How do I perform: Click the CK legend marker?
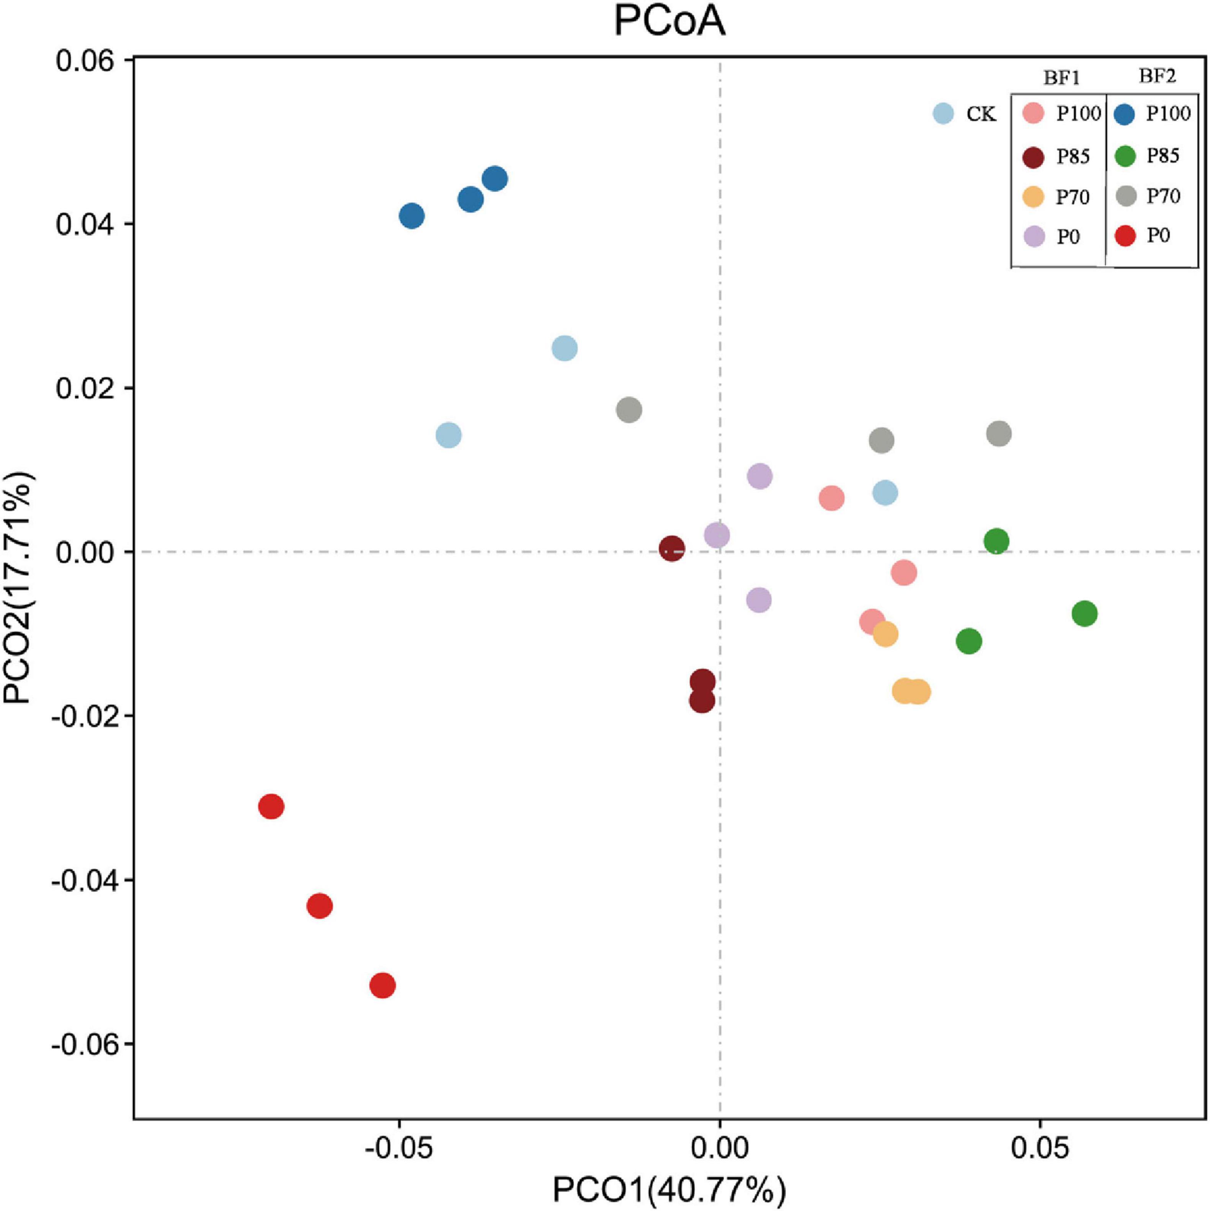pyautogui.click(x=943, y=113)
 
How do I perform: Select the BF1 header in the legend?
pyautogui.click(x=1061, y=78)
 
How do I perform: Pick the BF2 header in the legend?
pyautogui.click(x=1157, y=76)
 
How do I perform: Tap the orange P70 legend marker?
pyautogui.click(x=1033, y=197)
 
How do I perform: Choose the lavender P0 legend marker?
pyautogui.click(x=1033, y=237)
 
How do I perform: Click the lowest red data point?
pyautogui.click(x=382, y=985)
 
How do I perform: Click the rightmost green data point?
pyautogui.click(x=1084, y=614)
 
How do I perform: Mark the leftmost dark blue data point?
pyautogui.click(x=411, y=216)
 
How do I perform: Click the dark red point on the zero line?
pyautogui.click(x=671, y=549)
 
